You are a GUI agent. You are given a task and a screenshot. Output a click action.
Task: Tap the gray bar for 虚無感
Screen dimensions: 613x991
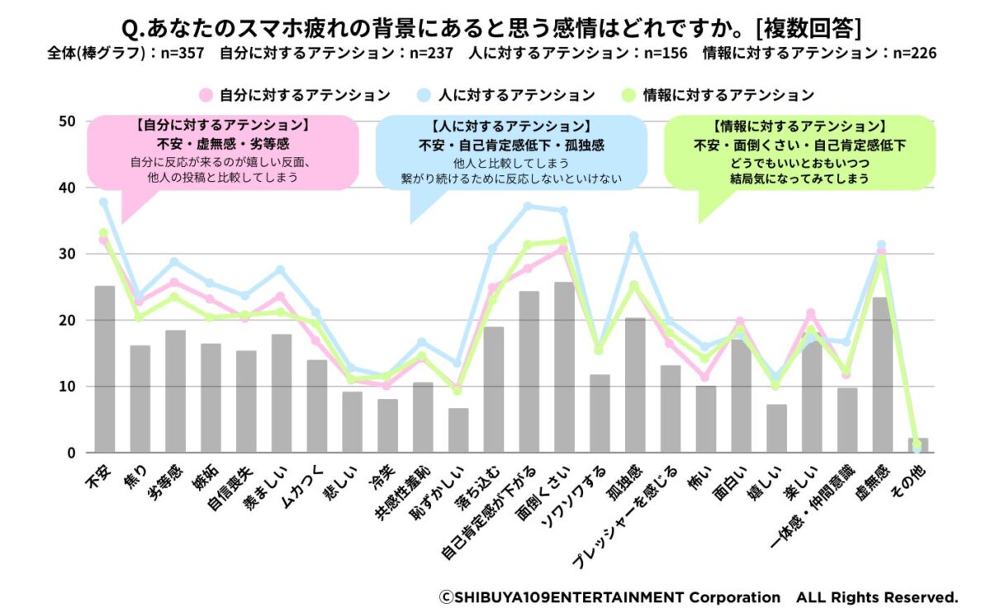pos(882,375)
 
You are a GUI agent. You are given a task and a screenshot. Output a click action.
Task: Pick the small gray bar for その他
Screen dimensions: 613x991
pos(918,445)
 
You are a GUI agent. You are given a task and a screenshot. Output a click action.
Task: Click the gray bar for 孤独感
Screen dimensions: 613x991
pos(636,385)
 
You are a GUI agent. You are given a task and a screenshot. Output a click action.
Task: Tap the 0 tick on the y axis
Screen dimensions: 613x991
pos(71,453)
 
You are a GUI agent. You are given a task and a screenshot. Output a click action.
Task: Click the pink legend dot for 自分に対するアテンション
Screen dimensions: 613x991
pos(206,95)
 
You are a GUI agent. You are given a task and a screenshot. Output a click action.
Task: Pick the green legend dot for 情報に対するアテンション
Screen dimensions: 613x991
pos(628,95)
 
